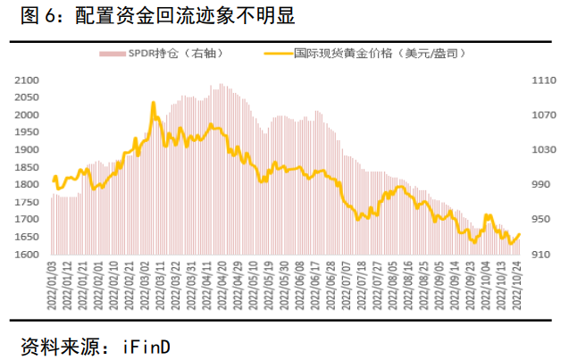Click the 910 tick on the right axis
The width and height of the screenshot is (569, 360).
click(539, 255)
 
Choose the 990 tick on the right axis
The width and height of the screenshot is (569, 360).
click(539, 185)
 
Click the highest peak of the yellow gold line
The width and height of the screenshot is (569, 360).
click(154, 104)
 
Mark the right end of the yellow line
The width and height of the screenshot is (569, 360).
click(520, 234)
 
